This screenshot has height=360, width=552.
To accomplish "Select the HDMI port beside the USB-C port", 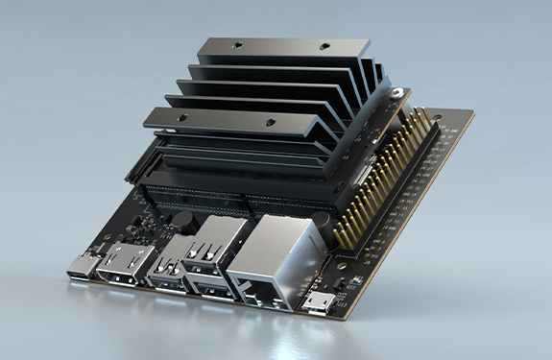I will click(123, 273).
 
